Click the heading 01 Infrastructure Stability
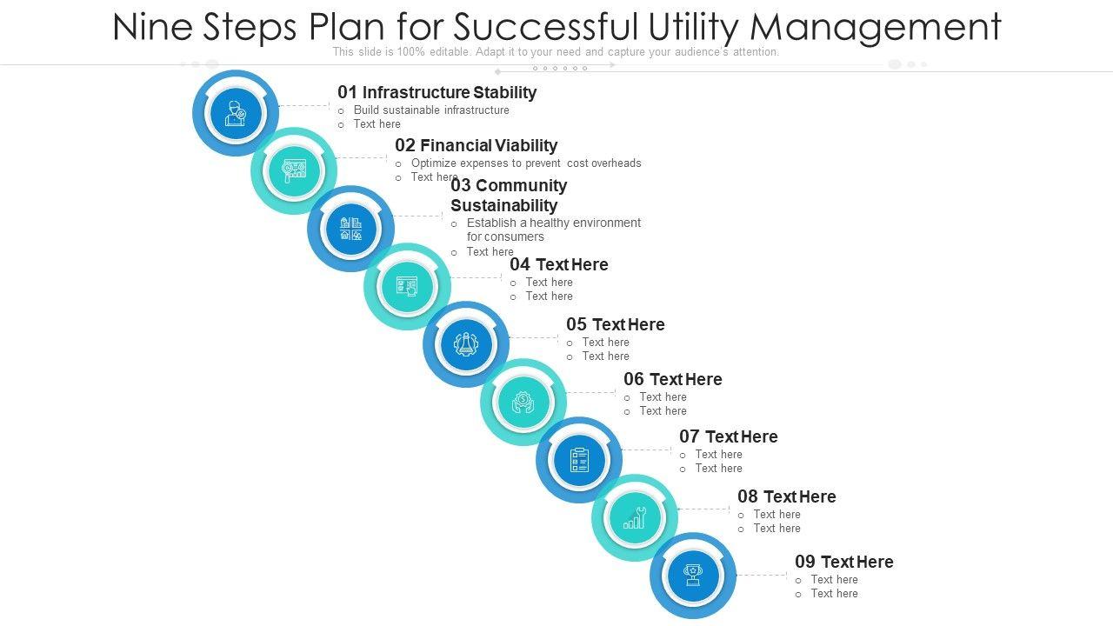tap(437, 92)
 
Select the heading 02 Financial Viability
tap(476, 145)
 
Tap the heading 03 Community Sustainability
tap(509, 196)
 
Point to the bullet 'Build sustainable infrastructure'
tap(431, 110)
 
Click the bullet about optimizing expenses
tap(526, 163)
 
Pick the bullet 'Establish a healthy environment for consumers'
tap(553, 230)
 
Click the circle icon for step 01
tap(236, 113)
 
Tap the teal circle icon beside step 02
tap(294, 170)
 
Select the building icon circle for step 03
tap(350, 229)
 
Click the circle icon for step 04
tap(407, 286)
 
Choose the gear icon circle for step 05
tap(466, 344)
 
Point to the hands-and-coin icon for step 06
tap(523, 402)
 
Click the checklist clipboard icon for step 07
tap(579, 460)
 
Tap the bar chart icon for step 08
tap(635, 518)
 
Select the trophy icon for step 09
tap(693, 576)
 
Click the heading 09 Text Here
tap(843, 562)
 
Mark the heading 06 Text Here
tap(672, 379)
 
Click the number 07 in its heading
tap(690, 436)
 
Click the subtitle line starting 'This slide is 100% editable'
tap(556, 52)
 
